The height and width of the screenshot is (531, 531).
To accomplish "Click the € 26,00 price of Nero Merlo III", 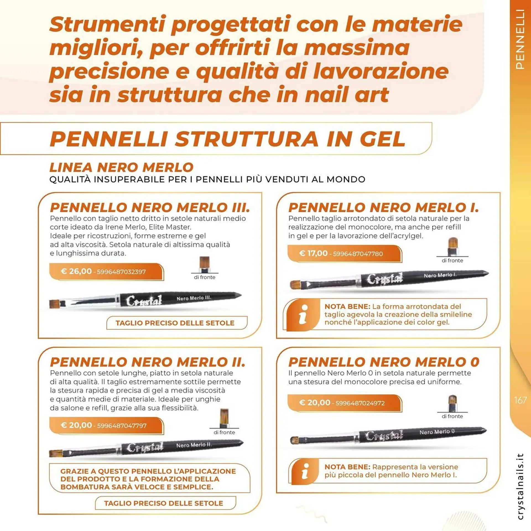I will point(76,271).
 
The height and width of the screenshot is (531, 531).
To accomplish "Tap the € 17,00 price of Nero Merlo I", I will point(313,253).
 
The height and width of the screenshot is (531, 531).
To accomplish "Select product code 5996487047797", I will point(122,426).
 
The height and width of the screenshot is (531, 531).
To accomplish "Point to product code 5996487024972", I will point(360,403).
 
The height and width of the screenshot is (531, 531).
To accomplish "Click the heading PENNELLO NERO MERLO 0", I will point(384,362).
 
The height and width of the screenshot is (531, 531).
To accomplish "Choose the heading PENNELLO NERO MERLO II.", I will point(147,362).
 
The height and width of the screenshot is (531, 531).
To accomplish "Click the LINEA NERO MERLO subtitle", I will point(121,167).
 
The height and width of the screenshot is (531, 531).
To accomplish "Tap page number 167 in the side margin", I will point(520,400).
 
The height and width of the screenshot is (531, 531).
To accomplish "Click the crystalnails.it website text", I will point(520,486).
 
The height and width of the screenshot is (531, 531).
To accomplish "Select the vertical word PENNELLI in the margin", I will point(520,39).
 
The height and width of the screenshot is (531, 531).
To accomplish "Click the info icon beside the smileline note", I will point(304,314).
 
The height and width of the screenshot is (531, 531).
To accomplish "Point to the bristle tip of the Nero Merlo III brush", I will point(53,304).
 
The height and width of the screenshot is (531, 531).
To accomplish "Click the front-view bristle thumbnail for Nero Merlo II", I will point(224,418).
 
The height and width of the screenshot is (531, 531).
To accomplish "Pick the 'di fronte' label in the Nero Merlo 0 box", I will point(452,416).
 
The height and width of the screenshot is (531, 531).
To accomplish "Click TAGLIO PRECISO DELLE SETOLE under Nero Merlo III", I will point(175,323).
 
